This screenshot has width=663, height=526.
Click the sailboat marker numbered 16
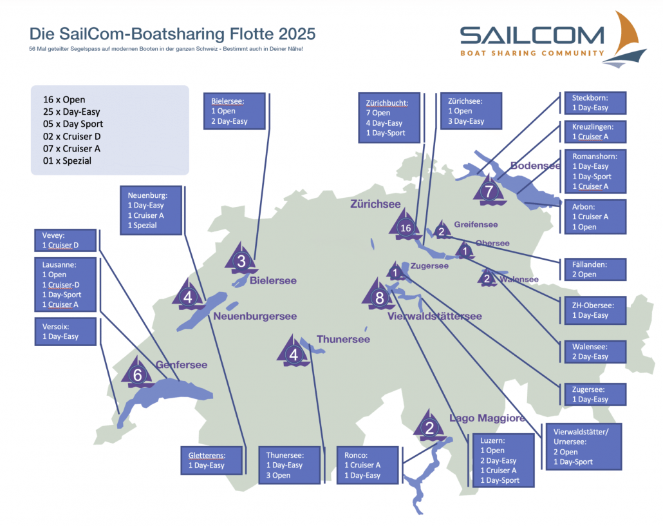coord(406,226)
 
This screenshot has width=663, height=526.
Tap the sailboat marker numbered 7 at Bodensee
coord(489,190)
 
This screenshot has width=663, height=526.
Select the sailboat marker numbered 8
coord(378,296)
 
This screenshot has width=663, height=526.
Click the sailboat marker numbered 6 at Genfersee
coord(137,373)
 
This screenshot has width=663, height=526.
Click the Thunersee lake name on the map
coord(343,339)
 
